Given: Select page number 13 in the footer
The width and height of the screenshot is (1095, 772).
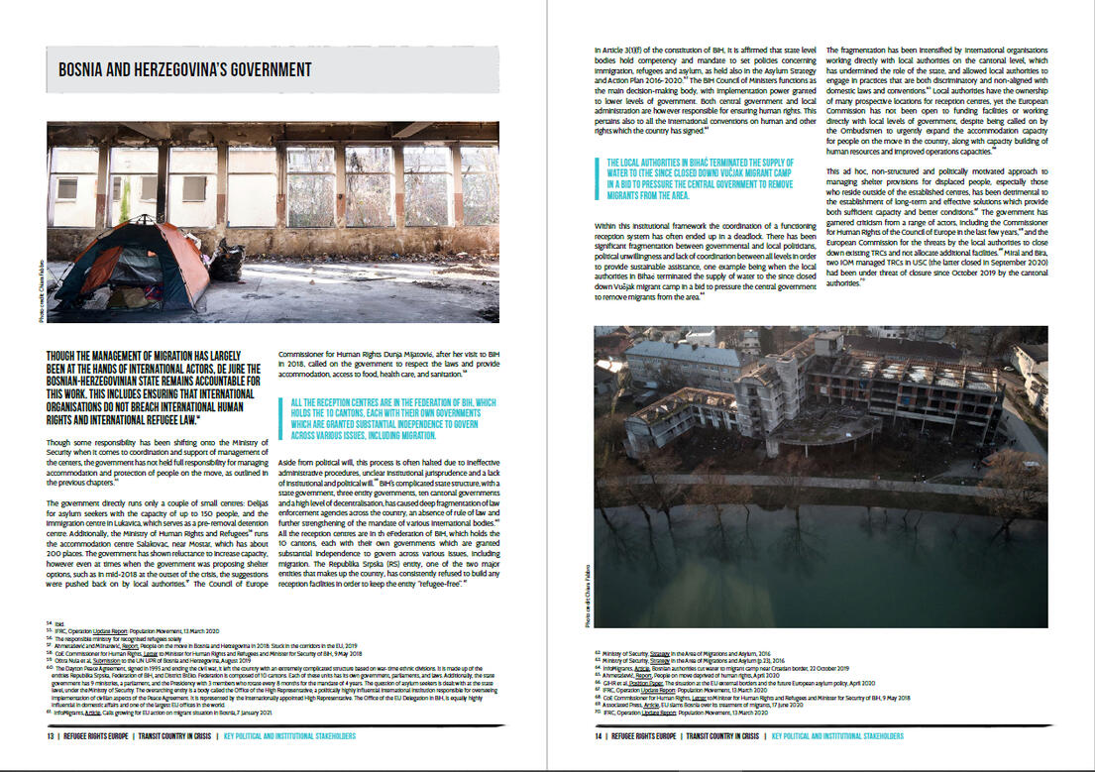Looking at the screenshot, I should point(50,736).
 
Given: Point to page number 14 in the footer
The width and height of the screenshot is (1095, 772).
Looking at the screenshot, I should point(600,736).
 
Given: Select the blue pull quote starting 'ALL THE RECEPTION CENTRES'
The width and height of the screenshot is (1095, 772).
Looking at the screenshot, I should point(393,417).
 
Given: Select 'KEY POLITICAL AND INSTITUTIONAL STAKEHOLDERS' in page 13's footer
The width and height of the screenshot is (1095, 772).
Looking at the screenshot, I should point(288,736).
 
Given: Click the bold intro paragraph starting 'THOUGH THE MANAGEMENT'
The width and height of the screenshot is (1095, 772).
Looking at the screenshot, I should point(149,386).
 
